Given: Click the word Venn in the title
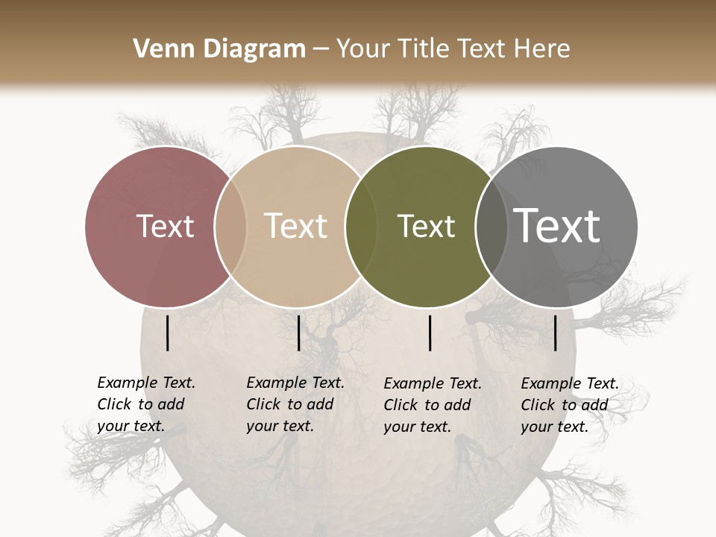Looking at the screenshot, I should click(156, 49).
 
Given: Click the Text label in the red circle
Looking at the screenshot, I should click(165, 226).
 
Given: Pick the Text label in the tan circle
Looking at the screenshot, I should click(296, 226).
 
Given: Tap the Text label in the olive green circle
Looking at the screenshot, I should click(426, 226).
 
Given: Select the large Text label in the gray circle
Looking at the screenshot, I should click(557, 226).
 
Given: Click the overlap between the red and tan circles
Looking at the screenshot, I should click(230, 227).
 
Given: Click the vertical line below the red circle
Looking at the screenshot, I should click(168, 333).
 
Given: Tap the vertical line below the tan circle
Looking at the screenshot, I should click(298, 333).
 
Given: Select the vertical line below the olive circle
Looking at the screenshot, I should click(430, 333).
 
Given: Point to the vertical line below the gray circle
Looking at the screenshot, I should click(556, 333).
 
